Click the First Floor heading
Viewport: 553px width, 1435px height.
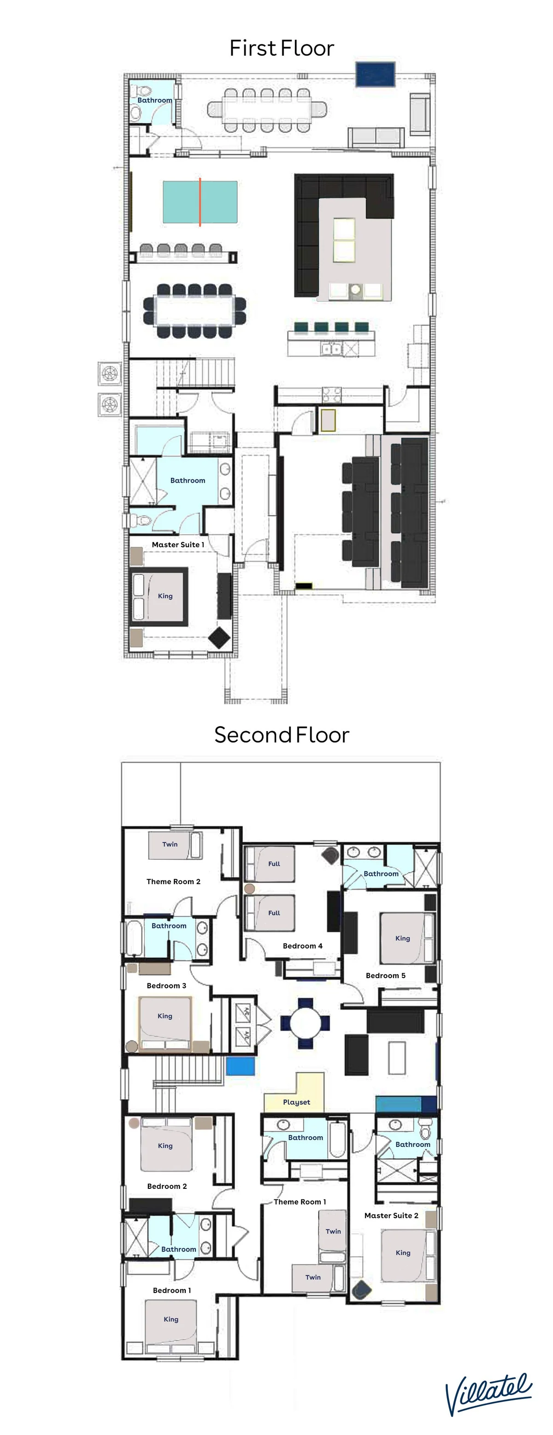(x=282, y=48)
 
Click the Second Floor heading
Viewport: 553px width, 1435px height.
(x=282, y=735)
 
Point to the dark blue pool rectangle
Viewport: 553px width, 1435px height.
(x=376, y=74)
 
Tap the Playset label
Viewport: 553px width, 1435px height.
(x=296, y=1102)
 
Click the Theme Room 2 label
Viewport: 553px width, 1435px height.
(x=173, y=881)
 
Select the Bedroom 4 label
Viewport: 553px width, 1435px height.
(x=302, y=945)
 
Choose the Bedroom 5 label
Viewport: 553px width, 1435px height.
(x=385, y=975)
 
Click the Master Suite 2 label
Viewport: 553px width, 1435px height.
(x=391, y=1215)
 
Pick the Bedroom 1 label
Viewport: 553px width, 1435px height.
(x=171, y=1290)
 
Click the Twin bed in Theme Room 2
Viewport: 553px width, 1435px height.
(x=175, y=845)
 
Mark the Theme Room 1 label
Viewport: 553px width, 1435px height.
(x=300, y=1202)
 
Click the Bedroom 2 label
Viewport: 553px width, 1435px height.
(x=166, y=1186)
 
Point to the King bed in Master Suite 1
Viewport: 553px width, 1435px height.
(x=159, y=596)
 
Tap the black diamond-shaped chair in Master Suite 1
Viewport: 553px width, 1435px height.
(x=219, y=637)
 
